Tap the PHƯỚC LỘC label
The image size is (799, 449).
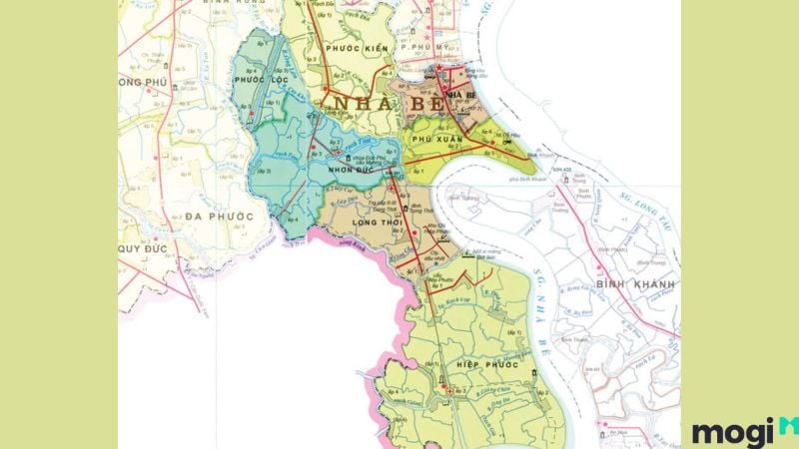(x=256, y=78)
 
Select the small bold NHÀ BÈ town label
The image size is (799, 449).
(x=459, y=95)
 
